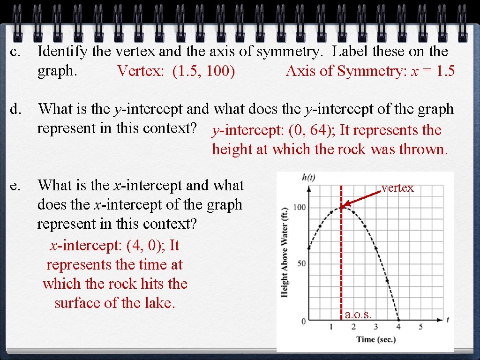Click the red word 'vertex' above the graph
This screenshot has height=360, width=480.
point(397,188)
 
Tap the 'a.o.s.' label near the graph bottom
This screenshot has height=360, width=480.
point(358,315)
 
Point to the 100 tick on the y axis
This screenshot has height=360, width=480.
point(300,207)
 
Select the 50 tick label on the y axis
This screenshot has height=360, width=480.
point(300,263)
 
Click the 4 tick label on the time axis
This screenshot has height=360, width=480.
point(398,327)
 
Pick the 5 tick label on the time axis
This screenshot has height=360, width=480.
point(420,327)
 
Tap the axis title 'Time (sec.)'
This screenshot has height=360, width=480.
point(376,339)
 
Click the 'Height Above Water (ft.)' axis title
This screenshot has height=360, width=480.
point(285,252)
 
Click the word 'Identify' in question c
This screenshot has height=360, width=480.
point(62,52)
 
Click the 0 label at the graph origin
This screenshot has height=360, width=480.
point(303,321)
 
